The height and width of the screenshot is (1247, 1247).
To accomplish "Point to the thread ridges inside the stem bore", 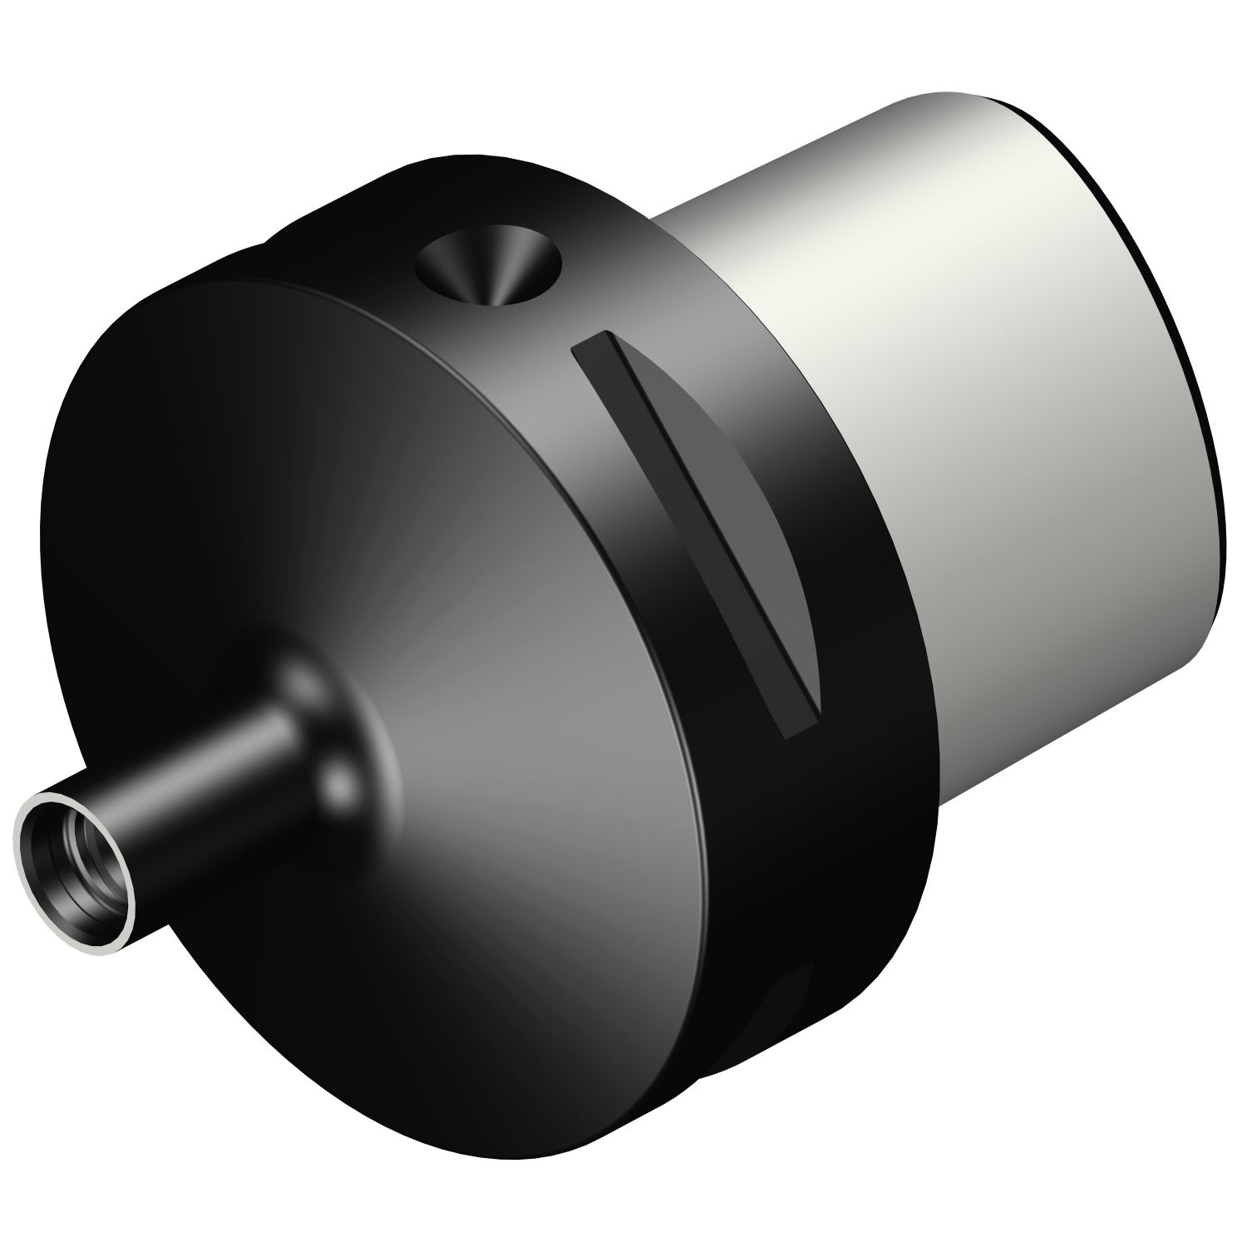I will [x=83, y=890].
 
